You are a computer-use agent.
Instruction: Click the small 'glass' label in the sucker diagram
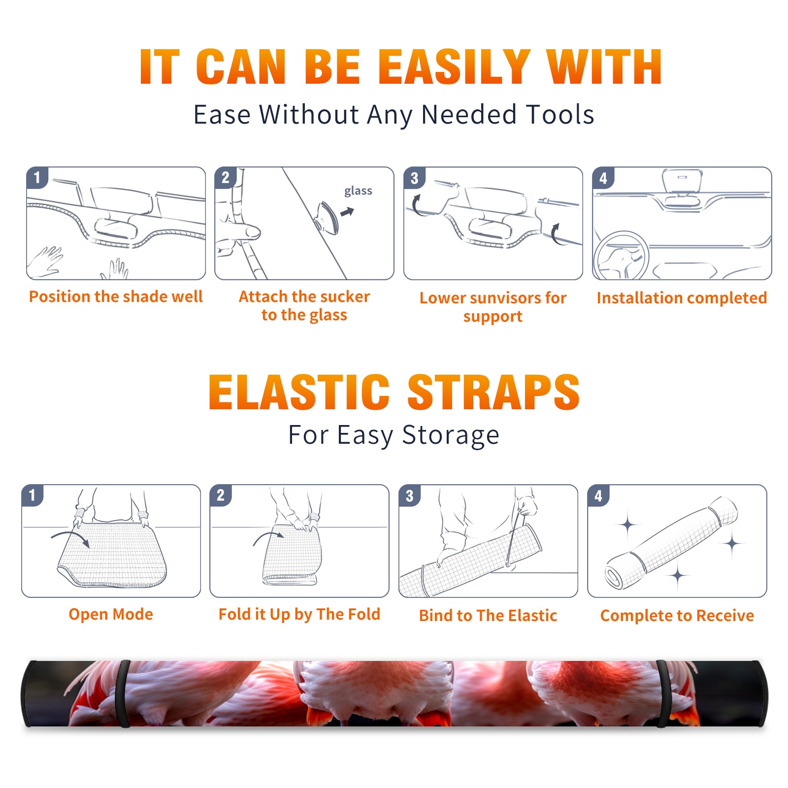coord(358,191)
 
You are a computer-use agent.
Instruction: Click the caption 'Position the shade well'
coord(116,297)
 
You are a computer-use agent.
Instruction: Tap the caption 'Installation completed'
coord(682,298)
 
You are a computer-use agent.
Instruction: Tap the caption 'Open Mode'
coord(111,614)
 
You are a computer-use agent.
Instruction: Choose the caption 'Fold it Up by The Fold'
coord(299,615)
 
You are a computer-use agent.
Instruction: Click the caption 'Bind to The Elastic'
coord(488,616)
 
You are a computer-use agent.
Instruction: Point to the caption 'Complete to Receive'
coord(677,616)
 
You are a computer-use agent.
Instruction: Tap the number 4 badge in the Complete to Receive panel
coord(598,495)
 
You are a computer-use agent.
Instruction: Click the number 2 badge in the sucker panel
coord(226,178)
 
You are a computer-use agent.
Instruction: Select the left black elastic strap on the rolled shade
coord(124,693)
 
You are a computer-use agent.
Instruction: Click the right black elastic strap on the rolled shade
coord(663,693)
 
